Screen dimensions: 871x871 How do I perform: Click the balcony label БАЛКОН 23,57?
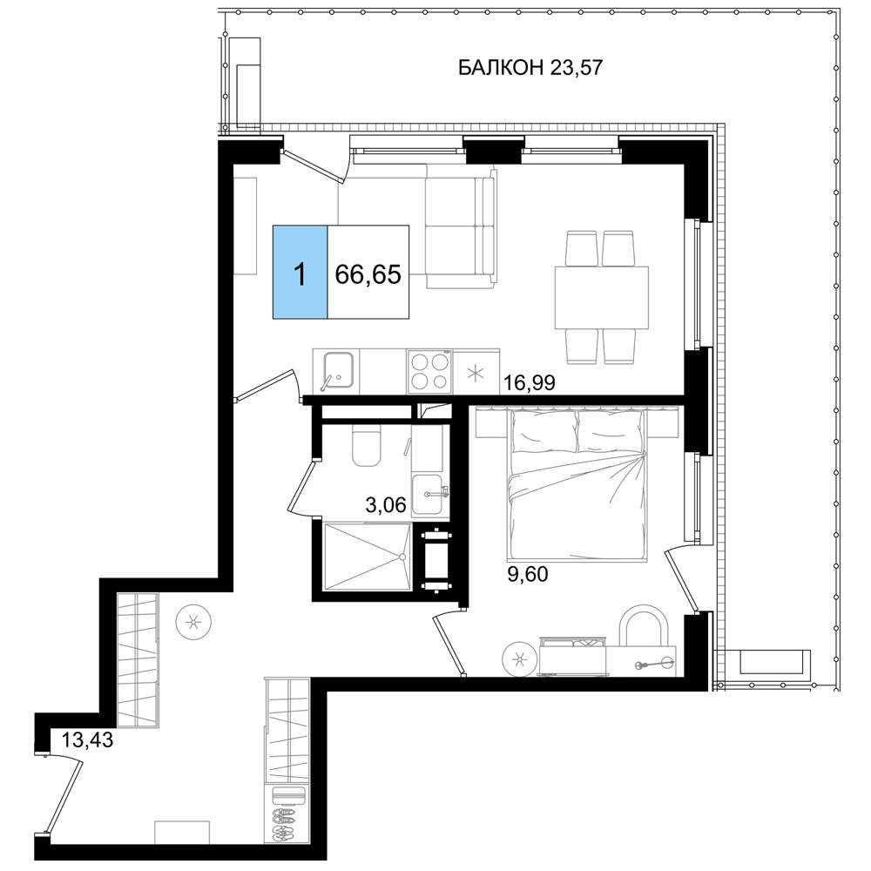[x=530, y=68]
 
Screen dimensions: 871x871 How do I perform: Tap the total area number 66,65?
[x=368, y=273]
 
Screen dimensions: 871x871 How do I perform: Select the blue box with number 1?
[x=300, y=272]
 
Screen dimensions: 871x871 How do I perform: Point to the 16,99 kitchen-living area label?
[x=529, y=382]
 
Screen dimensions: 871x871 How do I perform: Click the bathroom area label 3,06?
[x=386, y=504]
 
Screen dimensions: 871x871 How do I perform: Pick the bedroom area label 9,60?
[x=528, y=574]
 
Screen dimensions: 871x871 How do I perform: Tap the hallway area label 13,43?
[x=87, y=739]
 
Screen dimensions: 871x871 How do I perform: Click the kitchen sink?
[x=336, y=371]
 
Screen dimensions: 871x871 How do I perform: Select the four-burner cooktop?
[x=429, y=372]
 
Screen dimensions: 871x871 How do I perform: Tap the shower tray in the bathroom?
[x=367, y=557]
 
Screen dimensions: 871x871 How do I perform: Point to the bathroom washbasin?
[x=428, y=496]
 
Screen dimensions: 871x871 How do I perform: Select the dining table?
[x=602, y=298]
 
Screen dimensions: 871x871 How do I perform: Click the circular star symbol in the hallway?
[x=193, y=622]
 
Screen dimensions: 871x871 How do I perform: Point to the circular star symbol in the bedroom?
[x=520, y=659]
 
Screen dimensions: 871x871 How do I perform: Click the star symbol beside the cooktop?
[x=476, y=374]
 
